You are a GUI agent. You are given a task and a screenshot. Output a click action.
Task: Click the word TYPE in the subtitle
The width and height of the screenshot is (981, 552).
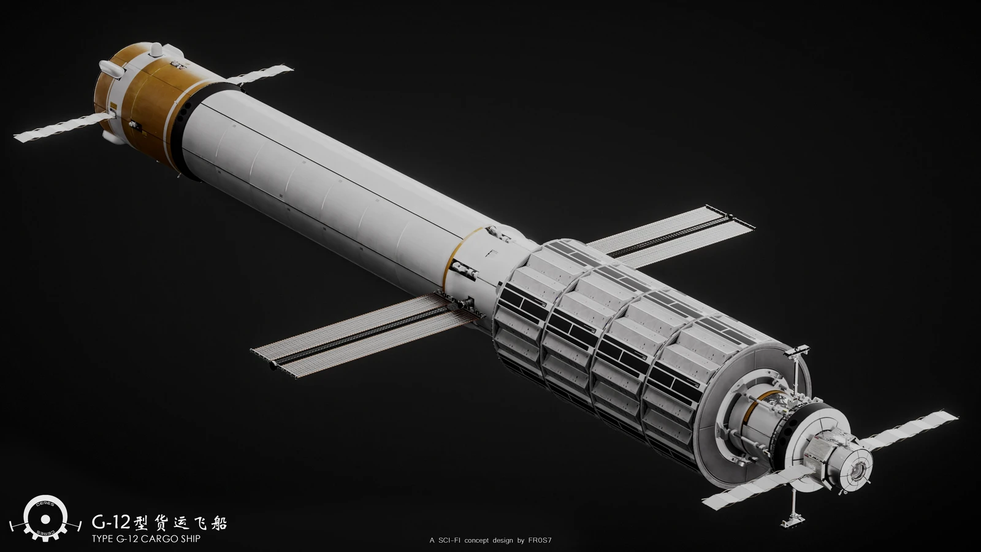click(102, 539)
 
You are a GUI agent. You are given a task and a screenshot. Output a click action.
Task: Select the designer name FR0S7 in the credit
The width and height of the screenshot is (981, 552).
click(540, 540)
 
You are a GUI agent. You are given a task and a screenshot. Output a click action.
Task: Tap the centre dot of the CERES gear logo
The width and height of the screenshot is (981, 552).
click(45, 519)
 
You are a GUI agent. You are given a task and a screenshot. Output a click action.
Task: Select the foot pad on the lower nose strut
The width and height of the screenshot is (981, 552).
click(793, 522)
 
